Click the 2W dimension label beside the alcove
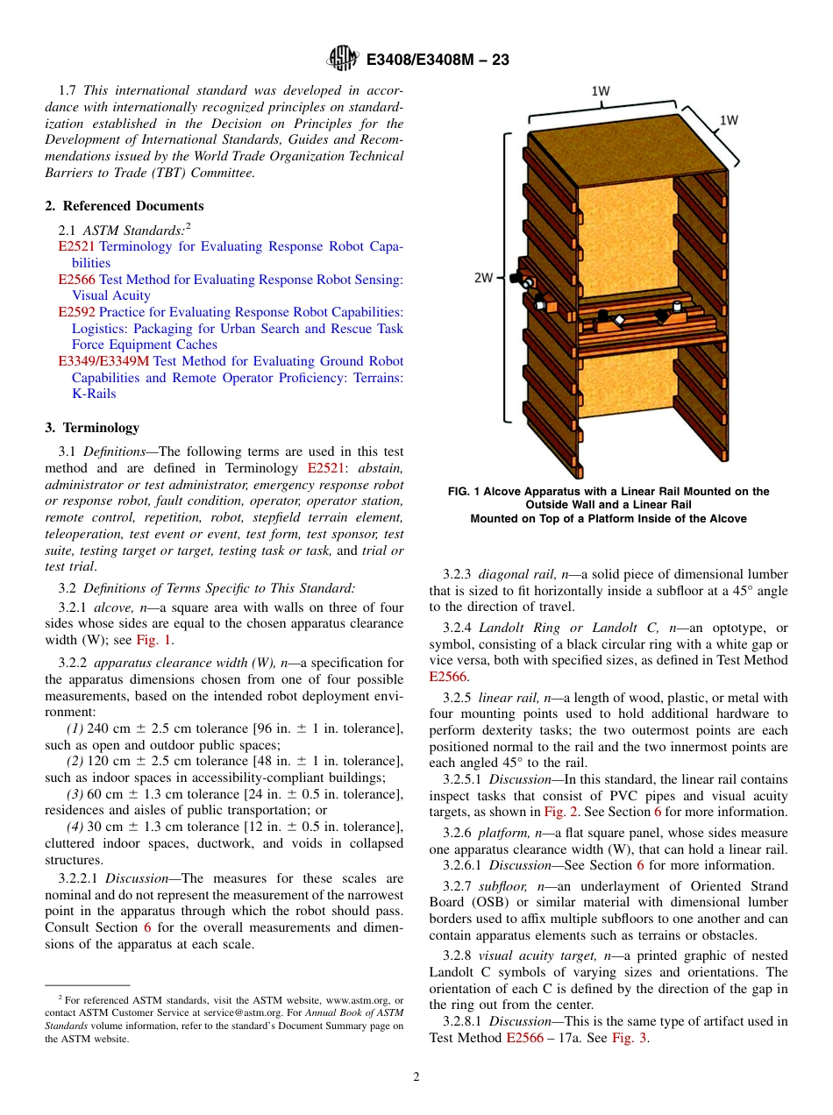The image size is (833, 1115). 483,278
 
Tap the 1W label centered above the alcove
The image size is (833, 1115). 601,90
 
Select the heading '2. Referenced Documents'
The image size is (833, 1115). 125,206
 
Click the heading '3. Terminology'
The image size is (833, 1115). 92,428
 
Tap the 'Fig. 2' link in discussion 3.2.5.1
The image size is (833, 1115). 559,812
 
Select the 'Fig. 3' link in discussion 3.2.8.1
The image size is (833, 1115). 630,1038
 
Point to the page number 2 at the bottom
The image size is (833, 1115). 416,1077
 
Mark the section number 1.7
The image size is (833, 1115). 68,91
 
